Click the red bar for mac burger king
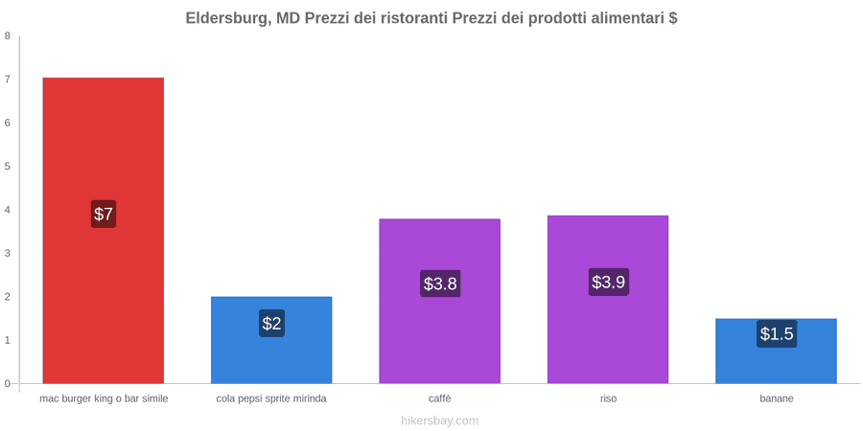(104, 230)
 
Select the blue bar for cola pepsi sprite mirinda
(271, 340)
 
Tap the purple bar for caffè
(440, 301)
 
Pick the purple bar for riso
(608, 299)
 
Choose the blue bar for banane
(776, 351)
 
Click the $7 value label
(104, 214)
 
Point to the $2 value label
(271, 324)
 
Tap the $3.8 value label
(440, 284)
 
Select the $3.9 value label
(608, 282)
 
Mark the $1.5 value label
(777, 333)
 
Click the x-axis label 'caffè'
(440, 398)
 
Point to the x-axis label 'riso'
(608, 398)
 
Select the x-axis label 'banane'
(777, 398)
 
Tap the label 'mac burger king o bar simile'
(104, 398)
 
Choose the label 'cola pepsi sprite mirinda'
(271, 398)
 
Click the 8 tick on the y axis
(8, 35)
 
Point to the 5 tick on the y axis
(8, 166)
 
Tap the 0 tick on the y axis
(8, 384)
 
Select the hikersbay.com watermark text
(440, 421)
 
